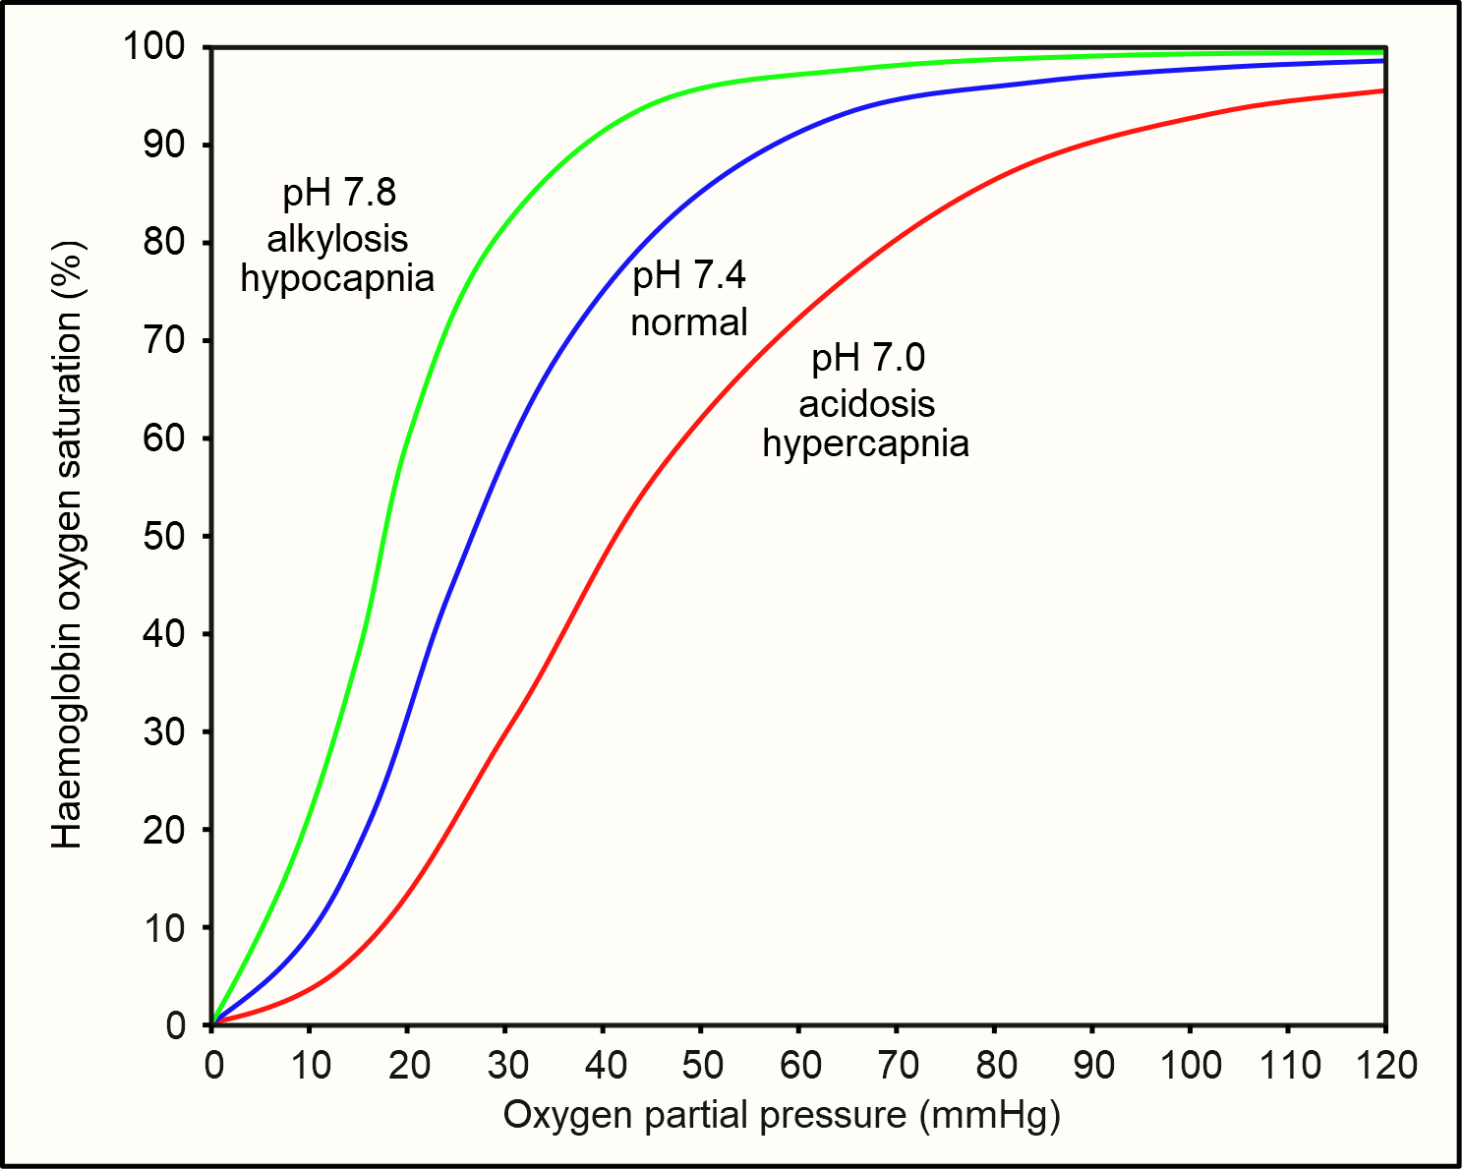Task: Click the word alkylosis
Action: [x=337, y=239]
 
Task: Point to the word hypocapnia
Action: [x=337, y=278]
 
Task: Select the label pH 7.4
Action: [x=689, y=276]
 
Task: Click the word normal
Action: [x=689, y=321]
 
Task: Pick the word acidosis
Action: [x=866, y=403]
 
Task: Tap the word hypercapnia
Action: [x=866, y=443]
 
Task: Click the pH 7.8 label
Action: [x=338, y=193]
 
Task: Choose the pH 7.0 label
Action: [x=867, y=358]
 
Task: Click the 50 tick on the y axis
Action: [x=164, y=536]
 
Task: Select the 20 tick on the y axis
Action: [x=164, y=830]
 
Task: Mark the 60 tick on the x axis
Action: [x=798, y=1064]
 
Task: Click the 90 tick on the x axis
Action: [x=1091, y=1064]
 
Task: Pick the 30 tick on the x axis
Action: [x=504, y=1064]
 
